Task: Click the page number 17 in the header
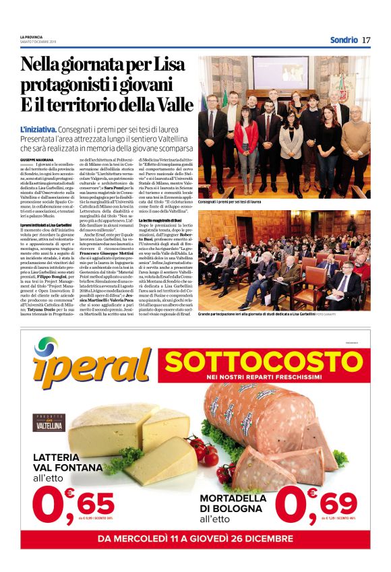pos(366,40)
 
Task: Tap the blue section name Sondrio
pos(344,40)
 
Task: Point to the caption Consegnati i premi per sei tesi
pos(230,201)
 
